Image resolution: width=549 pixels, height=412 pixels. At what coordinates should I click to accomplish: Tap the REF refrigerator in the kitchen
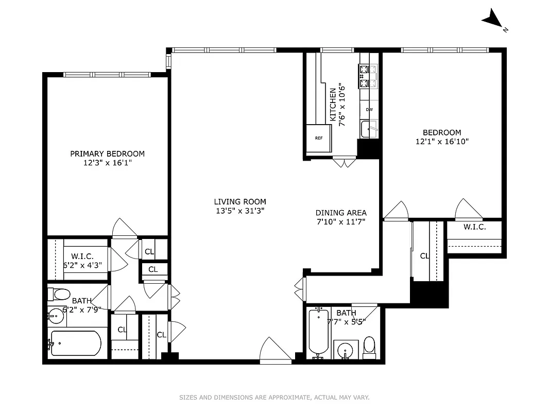[319, 138]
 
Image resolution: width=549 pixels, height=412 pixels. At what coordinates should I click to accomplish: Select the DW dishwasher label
[369, 110]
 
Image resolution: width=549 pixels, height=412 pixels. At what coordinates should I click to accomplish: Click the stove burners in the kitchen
[368, 76]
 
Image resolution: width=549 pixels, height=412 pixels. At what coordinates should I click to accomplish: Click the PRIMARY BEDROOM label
[107, 153]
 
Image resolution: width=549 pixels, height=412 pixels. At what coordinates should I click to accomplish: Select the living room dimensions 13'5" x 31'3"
[240, 210]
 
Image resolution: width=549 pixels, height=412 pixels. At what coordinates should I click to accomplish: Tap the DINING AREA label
[341, 213]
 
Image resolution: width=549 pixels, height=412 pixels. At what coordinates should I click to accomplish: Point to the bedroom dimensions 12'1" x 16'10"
[442, 141]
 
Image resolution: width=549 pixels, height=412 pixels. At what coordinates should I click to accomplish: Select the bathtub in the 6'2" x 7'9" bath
[76, 344]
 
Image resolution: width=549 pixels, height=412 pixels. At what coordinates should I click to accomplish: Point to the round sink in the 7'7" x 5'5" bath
[345, 351]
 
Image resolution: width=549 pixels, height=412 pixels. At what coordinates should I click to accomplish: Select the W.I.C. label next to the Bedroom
[474, 227]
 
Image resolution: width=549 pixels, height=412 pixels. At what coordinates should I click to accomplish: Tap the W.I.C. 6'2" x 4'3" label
[82, 261]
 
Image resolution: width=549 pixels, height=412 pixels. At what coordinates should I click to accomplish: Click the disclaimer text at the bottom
[274, 397]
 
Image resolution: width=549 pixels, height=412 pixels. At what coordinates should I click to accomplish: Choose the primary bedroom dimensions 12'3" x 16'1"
[107, 163]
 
